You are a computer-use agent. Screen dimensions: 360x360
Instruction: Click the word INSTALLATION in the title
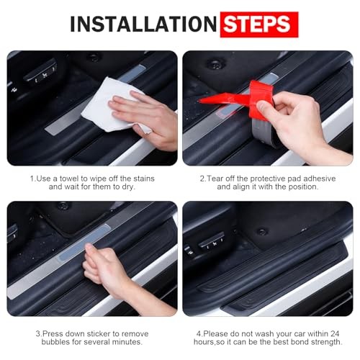tap(143, 24)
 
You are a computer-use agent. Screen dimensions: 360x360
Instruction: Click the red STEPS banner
tap(259, 24)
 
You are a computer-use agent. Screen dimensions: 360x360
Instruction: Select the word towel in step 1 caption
tap(69, 179)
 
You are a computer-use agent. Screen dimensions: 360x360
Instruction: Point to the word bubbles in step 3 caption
tap(55, 342)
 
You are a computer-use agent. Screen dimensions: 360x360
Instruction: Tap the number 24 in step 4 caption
tap(335, 333)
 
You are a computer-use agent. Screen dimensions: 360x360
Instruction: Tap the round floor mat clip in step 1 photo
tap(94, 57)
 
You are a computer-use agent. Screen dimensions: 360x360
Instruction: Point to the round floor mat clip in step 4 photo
tap(262, 231)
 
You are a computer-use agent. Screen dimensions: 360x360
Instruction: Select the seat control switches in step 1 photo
tap(40, 73)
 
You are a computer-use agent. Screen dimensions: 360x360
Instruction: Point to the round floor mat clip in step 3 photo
tap(63, 206)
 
